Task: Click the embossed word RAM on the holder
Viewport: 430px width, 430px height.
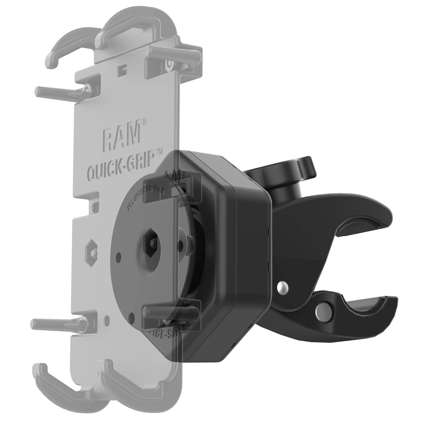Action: coord(121,136)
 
